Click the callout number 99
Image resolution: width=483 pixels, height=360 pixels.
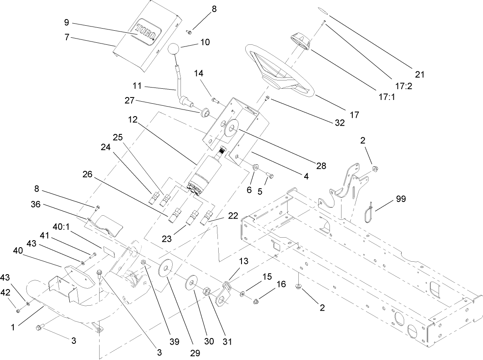(400, 199)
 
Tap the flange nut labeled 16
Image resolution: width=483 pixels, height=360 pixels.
(256, 302)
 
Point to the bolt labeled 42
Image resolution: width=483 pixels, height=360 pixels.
(17, 311)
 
